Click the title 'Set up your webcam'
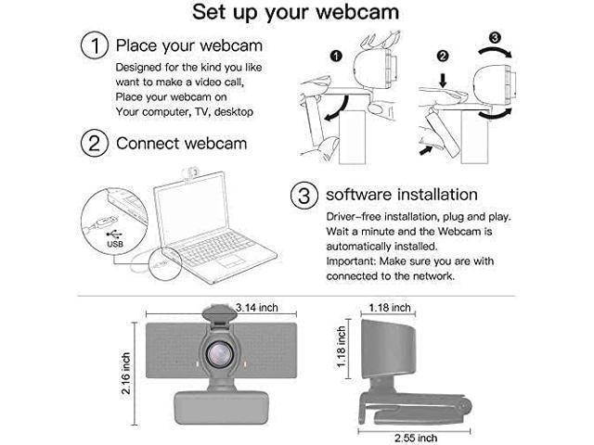tap(297, 13)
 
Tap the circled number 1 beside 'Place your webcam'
tap(95, 45)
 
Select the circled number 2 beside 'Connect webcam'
tap(95, 144)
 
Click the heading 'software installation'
tap(401, 196)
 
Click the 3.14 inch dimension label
tap(256, 307)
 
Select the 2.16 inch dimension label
tap(126, 365)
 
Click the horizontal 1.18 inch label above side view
tap(389, 307)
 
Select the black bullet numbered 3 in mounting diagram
tap(497, 38)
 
